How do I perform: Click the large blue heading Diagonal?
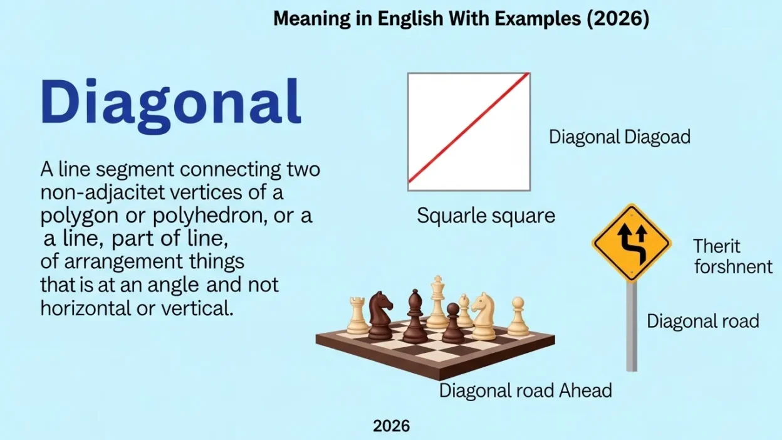170,103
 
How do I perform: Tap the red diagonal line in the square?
469,128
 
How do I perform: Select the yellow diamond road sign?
631,243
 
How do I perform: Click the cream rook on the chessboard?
358,317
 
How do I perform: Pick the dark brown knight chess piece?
380,315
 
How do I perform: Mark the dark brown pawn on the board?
452,323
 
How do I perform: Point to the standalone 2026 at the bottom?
391,426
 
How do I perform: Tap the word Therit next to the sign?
717,246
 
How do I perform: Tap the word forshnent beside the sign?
733,266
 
